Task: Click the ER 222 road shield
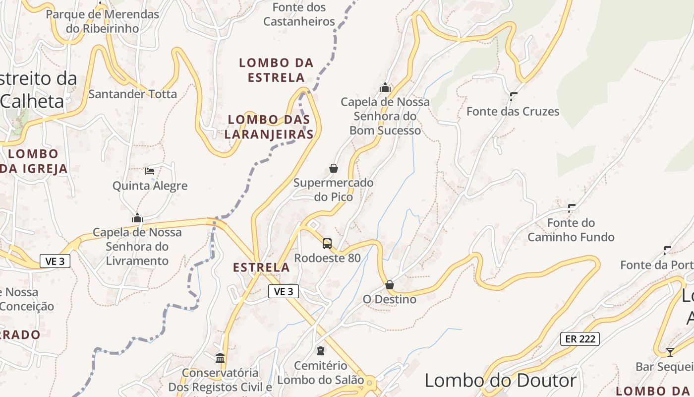click(580, 339)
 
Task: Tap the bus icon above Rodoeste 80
click(327, 243)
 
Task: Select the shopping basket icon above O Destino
click(390, 285)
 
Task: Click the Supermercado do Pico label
click(333, 190)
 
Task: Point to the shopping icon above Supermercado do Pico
click(334, 168)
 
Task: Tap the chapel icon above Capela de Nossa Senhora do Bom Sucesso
click(385, 87)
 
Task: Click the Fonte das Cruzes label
click(513, 112)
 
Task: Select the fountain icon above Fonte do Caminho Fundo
click(572, 208)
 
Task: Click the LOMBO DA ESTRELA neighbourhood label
click(276, 70)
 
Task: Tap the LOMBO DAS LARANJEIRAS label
click(269, 127)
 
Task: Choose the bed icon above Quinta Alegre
click(150, 171)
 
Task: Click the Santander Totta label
click(132, 94)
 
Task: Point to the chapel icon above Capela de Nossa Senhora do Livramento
click(137, 218)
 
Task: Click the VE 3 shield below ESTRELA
click(284, 291)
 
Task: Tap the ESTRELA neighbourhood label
click(261, 267)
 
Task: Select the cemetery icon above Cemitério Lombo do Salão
click(321, 351)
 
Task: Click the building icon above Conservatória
click(220, 358)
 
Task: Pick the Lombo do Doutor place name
click(501, 381)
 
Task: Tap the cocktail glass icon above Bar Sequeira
click(670, 352)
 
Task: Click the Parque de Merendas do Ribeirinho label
click(103, 21)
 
